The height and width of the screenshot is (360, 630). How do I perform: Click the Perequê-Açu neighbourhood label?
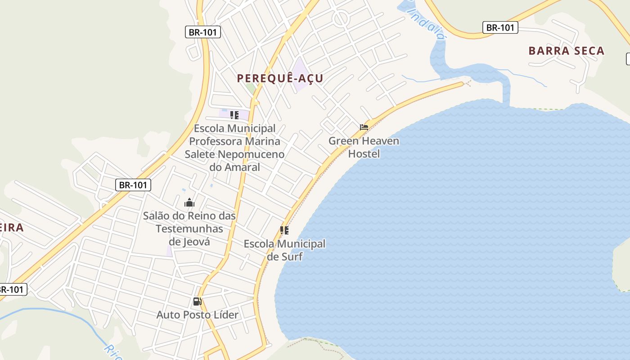point(280,78)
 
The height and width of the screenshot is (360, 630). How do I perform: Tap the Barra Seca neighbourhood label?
point(566,51)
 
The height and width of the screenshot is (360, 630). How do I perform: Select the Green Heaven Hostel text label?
point(364,147)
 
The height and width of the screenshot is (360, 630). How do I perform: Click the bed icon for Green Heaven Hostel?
point(364,127)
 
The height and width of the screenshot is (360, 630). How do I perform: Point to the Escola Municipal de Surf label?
point(284,250)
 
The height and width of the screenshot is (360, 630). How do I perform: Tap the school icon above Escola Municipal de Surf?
point(284,230)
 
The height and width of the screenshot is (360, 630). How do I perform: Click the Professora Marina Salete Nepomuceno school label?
point(234,148)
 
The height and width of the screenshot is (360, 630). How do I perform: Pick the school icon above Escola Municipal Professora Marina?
point(234,115)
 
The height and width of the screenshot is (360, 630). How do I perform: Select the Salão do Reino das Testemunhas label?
point(189,229)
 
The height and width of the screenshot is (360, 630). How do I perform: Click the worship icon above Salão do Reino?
point(189,203)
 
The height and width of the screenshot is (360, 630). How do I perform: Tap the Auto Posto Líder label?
point(197,315)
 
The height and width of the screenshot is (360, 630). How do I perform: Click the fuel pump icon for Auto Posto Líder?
point(197,301)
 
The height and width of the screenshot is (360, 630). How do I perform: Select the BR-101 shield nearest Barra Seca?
point(500,27)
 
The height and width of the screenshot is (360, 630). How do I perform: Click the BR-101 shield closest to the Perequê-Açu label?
point(202,32)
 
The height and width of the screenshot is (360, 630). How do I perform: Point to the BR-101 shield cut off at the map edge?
point(13,289)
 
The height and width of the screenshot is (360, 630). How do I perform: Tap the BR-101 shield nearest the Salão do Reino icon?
point(133,184)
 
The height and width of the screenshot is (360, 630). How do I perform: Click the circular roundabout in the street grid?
point(340,18)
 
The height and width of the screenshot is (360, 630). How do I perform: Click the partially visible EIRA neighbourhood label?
point(11,228)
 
